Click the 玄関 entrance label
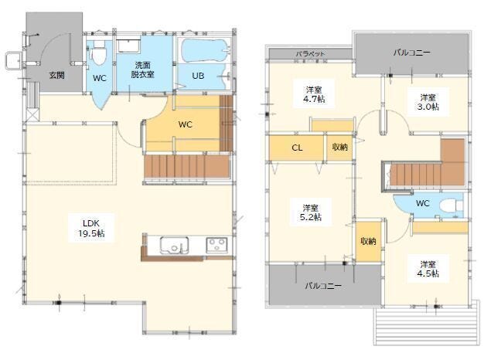point(57,75)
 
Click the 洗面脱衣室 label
point(142,70)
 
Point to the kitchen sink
point(175,245)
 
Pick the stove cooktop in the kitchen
point(217,245)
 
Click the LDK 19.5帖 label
point(91,228)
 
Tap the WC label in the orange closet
point(186,124)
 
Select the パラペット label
point(311,53)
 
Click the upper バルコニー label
point(412,53)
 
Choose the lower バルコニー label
point(323,286)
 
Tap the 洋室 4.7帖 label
point(314,94)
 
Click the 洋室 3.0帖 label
point(428,102)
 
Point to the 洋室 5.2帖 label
point(311,212)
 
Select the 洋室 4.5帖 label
point(428,269)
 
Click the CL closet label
point(297,148)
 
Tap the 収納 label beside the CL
point(340,147)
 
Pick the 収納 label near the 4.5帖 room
point(368,241)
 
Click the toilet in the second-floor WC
point(452,205)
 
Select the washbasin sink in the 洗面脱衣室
point(129,46)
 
